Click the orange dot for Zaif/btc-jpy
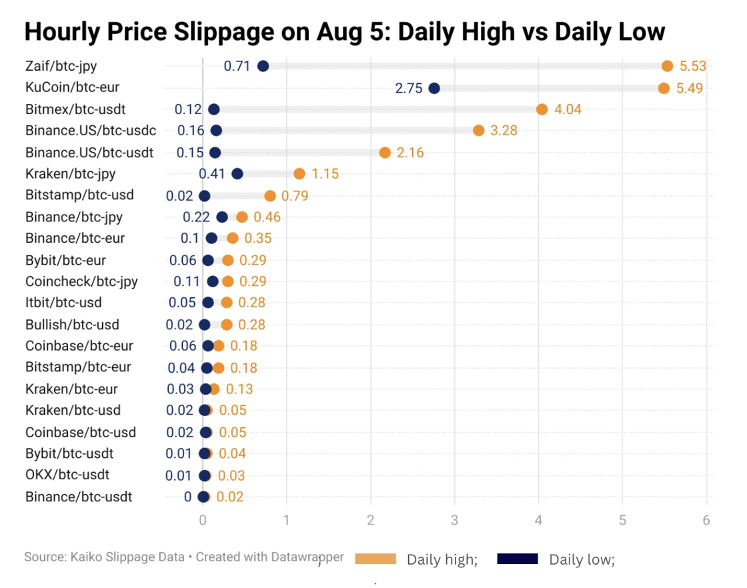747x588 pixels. [667, 65]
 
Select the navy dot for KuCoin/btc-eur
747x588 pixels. [434, 88]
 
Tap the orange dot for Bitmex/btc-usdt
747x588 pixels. [542, 109]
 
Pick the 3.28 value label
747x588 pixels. [504, 131]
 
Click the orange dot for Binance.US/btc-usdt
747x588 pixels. [385, 153]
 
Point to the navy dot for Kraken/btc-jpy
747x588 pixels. [237, 174]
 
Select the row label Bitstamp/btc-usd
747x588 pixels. [79, 195]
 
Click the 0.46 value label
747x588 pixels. [267, 217]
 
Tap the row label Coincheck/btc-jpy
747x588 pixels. [81, 281]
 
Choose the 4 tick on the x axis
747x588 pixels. [538, 521]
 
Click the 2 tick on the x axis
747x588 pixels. [370, 521]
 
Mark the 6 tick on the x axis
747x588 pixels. [706, 521]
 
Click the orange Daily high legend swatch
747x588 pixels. [376, 559]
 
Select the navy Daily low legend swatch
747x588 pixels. [518, 559]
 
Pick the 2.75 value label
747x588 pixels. [409, 88]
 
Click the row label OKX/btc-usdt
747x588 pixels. [67, 475]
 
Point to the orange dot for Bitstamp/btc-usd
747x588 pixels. [269, 196]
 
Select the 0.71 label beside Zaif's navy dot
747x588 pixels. [237, 66]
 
